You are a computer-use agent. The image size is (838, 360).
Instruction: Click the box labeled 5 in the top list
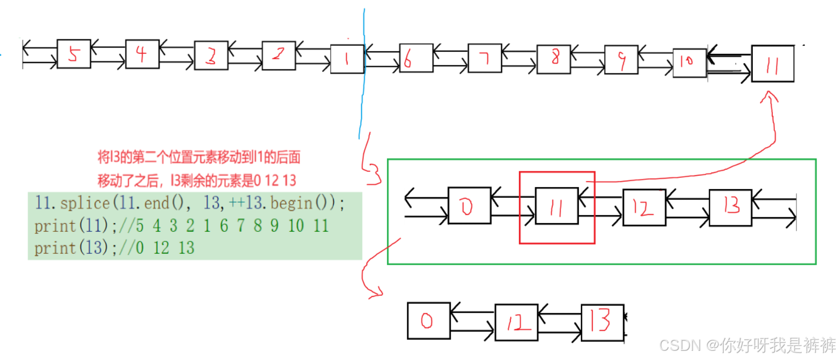[74, 54]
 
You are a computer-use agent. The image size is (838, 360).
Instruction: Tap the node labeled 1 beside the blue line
[347, 59]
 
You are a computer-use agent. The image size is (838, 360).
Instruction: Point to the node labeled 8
[553, 59]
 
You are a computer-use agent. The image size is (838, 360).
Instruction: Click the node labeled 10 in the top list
[689, 62]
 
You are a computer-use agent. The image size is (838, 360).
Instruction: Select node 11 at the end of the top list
[772, 64]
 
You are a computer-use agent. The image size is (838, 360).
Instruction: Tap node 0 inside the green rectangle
[469, 205]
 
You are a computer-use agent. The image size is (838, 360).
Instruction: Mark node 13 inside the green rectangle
[730, 207]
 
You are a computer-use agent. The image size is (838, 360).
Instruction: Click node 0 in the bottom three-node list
[428, 321]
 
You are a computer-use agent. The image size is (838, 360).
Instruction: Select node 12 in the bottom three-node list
[516, 323]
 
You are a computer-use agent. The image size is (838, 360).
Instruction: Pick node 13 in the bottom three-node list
[602, 322]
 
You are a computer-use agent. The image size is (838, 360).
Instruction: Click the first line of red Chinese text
[197, 158]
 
